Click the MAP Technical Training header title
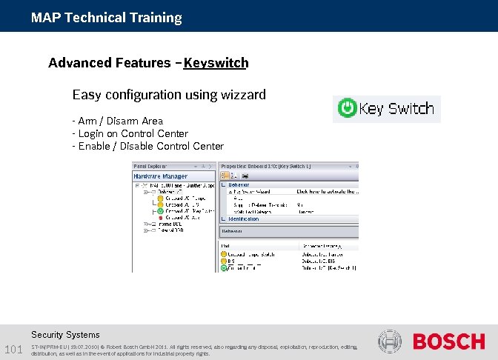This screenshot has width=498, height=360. (x=106, y=17)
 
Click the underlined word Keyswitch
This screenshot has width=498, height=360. (x=216, y=63)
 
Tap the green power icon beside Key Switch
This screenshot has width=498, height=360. (x=346, y=109)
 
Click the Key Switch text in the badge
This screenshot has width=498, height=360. (x=396, y=109)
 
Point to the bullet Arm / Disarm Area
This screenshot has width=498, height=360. (x=118, y=121)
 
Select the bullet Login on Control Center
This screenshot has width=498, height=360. (x=130, y=133)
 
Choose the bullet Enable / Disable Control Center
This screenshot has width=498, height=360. (x=147, y=146)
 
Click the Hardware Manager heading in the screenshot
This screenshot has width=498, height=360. (x=160, y=176)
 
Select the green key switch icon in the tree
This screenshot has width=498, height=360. (x=161, y=211)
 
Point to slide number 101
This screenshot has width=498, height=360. (x=13, y=349)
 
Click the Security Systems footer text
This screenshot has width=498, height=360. (x=65, y=335)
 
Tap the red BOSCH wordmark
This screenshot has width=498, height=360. (x=448, y=341)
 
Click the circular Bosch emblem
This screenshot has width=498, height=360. (x=389, y=341)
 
